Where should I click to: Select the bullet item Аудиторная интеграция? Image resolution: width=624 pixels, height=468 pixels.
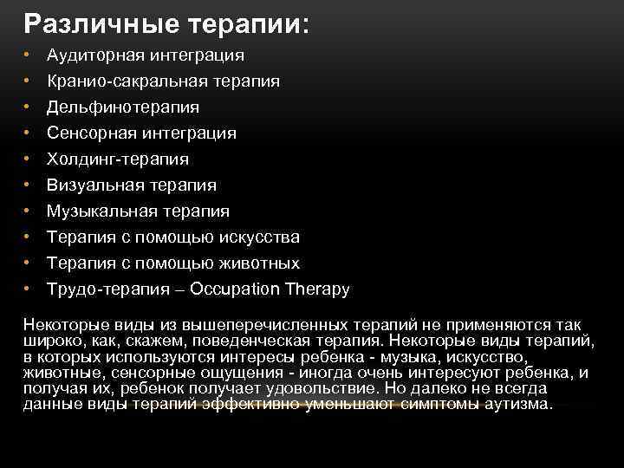[145, 55]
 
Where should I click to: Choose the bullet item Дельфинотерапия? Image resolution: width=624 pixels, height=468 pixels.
[122, 107]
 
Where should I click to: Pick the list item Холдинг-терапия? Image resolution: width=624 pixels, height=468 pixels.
[117, 159]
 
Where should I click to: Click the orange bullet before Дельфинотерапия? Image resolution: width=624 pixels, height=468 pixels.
[28, 107]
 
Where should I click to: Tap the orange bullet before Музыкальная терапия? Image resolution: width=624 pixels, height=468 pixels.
[28, 211]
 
